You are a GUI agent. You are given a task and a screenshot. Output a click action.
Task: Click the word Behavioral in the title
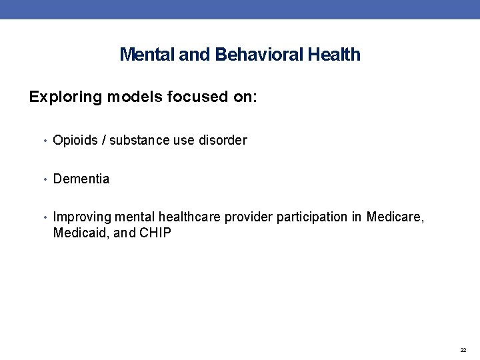point(259,55)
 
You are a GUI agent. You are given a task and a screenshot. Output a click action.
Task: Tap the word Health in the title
point(334,55)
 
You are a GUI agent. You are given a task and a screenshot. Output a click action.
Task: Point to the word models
point(123,97)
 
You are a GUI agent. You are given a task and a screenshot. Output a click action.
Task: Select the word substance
point(138,141)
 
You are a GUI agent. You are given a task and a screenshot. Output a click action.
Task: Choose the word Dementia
point(81,179)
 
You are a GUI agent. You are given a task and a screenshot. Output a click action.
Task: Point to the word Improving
point(82,217)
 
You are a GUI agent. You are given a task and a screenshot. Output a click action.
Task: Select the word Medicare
point(395,217)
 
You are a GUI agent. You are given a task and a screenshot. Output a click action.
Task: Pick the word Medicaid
point(77,233)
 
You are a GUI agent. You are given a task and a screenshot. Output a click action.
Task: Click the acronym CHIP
point(155,233)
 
